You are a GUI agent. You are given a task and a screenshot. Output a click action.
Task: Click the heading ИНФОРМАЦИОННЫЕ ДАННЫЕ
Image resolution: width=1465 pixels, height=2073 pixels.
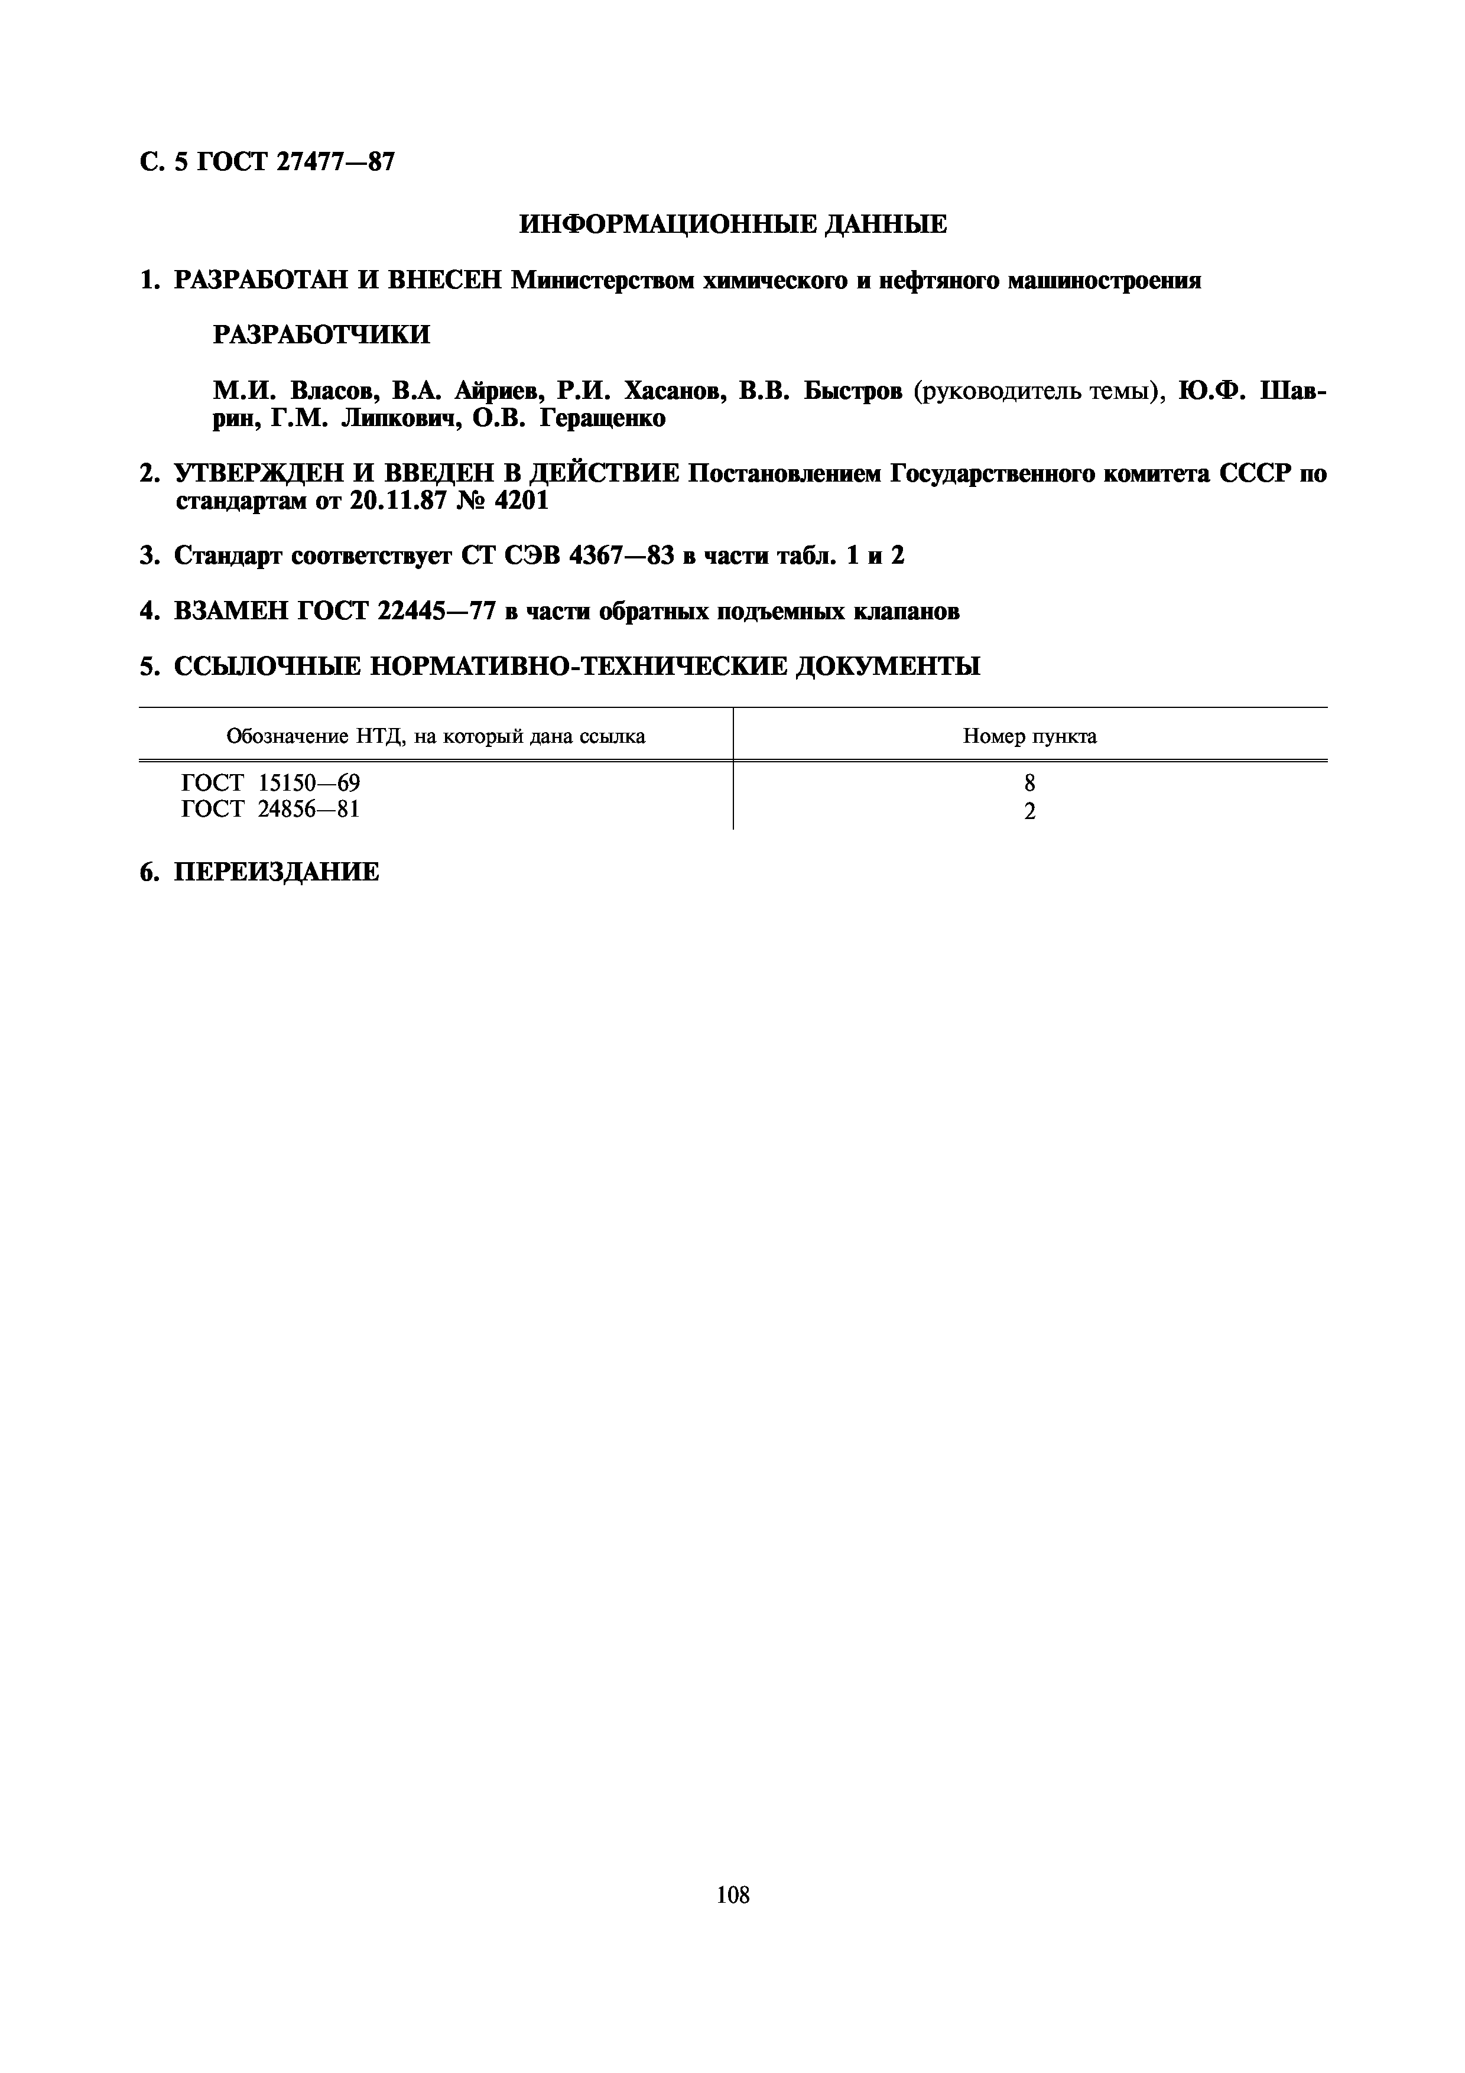733,225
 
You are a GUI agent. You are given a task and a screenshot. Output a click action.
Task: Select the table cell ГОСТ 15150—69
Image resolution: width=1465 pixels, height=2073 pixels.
271,783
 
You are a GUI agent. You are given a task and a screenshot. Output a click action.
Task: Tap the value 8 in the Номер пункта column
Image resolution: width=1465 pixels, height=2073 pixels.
1030,784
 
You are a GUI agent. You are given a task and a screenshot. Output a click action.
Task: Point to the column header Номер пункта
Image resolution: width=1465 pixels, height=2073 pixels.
1030,736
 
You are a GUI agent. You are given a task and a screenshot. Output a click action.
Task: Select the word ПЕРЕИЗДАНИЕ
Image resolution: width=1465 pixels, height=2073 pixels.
276,872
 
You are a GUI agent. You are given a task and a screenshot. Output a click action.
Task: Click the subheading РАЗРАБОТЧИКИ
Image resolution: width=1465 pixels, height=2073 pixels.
321,335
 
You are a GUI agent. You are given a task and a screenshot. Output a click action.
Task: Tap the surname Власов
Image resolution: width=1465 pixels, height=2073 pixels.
330,392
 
